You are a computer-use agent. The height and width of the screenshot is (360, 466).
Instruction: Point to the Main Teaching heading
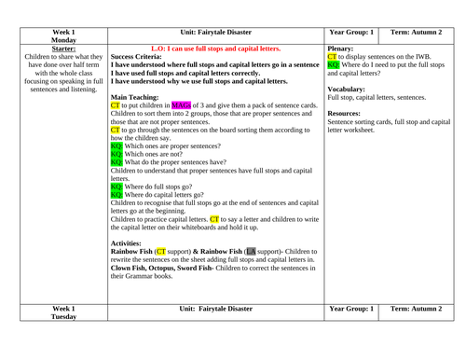pos(143,94)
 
